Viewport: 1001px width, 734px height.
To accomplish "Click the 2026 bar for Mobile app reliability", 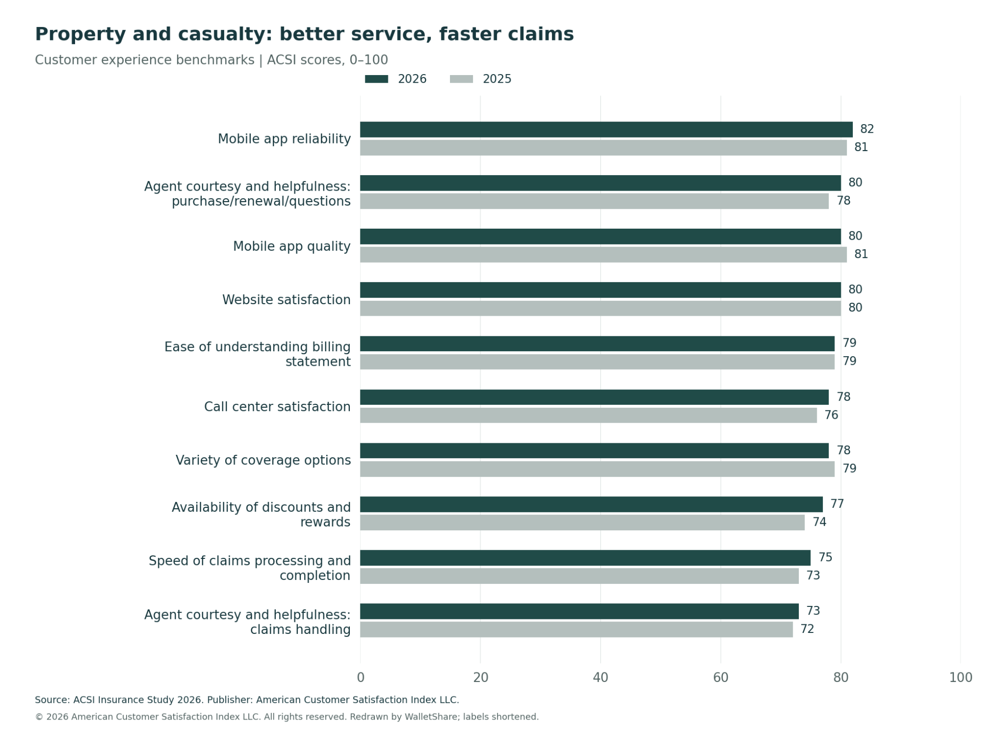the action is click(606, 130).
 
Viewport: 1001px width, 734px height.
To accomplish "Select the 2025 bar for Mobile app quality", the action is click(603, 255).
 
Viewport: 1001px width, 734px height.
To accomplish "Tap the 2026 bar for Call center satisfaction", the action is click(594, 397).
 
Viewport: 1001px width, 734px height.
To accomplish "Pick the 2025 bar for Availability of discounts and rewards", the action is click(582, 522).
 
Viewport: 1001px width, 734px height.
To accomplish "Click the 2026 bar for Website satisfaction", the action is click(600, 290).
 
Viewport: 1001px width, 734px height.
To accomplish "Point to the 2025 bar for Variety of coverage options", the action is click(597, 469).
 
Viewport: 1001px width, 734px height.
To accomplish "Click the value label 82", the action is click(867, 129).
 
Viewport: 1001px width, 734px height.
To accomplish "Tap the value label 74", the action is click(819, 522).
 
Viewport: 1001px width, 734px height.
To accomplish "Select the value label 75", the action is click(825, 557).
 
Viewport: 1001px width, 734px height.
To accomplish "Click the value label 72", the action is click(807, 629).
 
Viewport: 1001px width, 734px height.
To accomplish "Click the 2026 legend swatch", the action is click(376, 79).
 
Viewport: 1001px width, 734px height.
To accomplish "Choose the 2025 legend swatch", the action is click(461, 79).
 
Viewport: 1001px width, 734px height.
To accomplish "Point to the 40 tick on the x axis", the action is click(601, 677).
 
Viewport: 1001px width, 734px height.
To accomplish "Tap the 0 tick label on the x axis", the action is click(360, 677).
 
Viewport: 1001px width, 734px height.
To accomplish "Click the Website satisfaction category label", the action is click(286, 300).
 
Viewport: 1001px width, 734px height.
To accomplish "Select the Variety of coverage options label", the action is click(263, 460).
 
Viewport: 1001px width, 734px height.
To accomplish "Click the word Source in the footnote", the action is click(53, 700).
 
